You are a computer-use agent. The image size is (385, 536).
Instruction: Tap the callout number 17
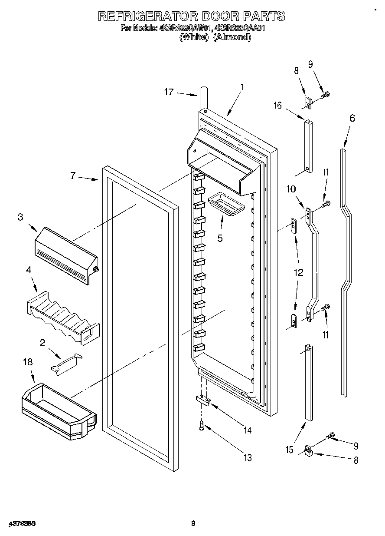(169, 92)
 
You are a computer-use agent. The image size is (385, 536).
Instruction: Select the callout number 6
(352, 118)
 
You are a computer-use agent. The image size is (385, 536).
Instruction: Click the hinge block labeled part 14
(203, 400)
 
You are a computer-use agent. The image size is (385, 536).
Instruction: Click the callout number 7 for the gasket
(73, 175)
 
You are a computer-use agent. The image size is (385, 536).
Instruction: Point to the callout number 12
(298, 272)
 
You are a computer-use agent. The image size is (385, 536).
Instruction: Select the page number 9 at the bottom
(193, 523)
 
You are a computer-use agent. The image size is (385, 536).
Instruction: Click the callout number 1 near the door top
(242, 87)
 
